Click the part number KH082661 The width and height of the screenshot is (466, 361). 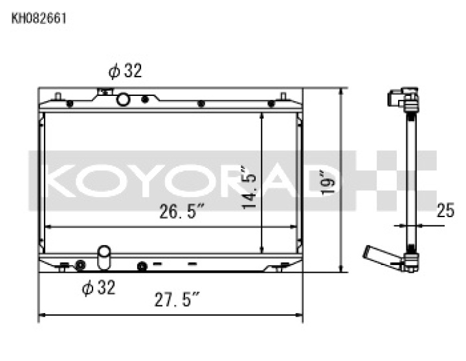pos(39,18)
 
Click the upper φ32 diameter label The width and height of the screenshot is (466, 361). pos(124,71)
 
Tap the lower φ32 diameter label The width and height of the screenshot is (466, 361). pos(98,287)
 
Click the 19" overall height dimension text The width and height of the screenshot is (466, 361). pos(328,183)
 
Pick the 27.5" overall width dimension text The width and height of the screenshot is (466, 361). pos(176,300)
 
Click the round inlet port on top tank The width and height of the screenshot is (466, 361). pos(124,99)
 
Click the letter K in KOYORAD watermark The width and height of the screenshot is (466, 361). pos(66,181)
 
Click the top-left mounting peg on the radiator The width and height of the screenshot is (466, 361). pos(58,97)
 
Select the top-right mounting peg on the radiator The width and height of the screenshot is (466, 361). pos(283,97)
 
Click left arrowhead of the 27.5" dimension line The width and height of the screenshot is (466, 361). pos(42,316)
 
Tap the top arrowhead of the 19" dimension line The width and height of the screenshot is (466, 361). pos(340,91)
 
